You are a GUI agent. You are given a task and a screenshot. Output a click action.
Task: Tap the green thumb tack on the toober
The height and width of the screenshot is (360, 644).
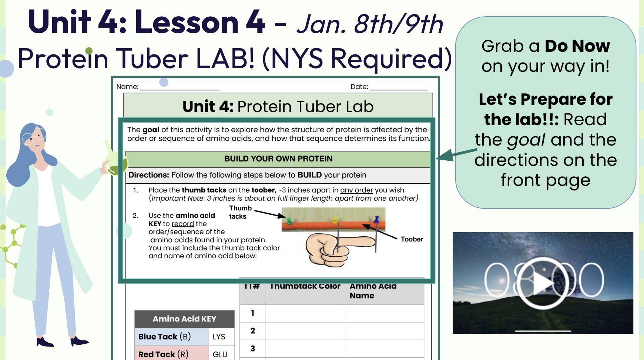(289, 221)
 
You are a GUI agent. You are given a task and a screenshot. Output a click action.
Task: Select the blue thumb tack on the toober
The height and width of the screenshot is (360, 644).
(376, 220)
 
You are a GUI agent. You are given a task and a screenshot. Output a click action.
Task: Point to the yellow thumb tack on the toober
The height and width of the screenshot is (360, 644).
(335, 220)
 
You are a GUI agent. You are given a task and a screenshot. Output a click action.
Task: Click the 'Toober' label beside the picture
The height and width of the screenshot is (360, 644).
(412, 239)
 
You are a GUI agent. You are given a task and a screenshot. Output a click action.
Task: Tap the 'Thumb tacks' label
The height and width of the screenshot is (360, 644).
(240, 212)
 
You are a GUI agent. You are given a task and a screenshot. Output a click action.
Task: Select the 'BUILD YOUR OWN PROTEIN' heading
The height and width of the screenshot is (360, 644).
(278, 159)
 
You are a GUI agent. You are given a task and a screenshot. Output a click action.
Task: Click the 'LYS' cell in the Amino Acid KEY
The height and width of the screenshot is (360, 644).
(219, 337)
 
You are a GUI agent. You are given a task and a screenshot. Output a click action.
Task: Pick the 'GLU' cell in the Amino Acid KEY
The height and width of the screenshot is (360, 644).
(220, 354)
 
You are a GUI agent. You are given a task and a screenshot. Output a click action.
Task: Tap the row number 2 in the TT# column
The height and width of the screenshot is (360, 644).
(253, 331)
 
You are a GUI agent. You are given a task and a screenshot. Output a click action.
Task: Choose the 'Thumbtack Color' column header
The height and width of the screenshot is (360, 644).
(305, 286)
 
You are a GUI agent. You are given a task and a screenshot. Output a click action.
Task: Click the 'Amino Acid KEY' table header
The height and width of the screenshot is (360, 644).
(184, 319)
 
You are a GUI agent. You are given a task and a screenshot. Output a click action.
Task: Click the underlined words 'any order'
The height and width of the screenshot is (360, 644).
(356, 190)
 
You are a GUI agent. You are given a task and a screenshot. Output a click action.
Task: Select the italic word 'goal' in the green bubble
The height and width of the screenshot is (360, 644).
(526, 140)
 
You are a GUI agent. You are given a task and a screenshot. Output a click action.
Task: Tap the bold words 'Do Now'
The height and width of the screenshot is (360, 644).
(577, 46)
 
